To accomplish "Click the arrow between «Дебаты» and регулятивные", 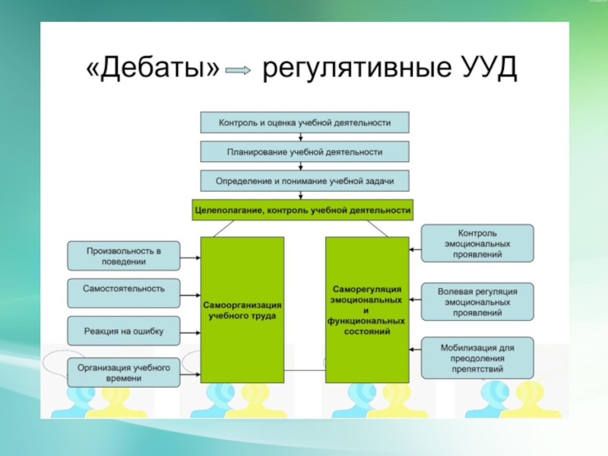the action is pyautogui.click(x=238, y=70).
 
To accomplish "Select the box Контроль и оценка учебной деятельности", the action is pyautogui.click(x=305, y=122).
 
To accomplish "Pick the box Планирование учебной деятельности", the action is pyautogui.click(x=305, y=151).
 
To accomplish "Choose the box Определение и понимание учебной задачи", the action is pyautogui.click(x=305, y=181).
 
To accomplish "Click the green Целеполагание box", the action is pyautogui.click(x=302, y=211).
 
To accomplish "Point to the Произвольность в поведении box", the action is pyautogui.click(x=124, y=256).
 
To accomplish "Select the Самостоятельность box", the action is pyautogui.click(x=124, y=293).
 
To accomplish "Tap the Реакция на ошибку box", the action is pyautogui.click(x=124, y=331).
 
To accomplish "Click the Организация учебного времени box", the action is pyautogui.click(x=124, y=372).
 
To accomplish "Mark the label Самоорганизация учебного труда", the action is pyautogui.click(x=242, y=310).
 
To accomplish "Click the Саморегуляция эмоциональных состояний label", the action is pyautogui.click(x=366, y=310).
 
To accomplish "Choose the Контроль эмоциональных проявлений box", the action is pyautogui.click(x=477, y=243).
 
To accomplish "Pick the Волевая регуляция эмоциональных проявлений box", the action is pyautogui.click(x=477, y=302).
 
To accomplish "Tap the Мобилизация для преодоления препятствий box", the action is pyautogui.click(x=477, y=358).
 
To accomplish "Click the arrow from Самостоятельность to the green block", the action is pyautogui.click(x=191, y=296).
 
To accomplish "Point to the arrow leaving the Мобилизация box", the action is pyautogui.click(x=415, y=350).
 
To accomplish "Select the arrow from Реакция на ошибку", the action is pyautogui.click(x=191, y=333).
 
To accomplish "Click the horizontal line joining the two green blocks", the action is pyautogui.click(x=305, y=370).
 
